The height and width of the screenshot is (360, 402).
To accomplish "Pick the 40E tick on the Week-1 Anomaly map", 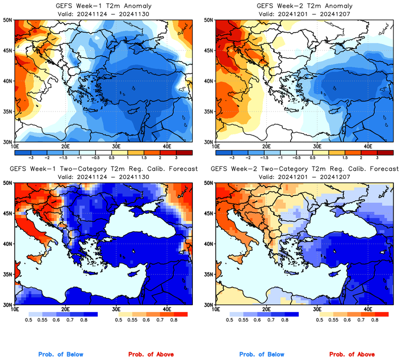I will coord(167,146).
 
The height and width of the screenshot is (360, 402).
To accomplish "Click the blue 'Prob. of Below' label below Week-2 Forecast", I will coord(261,355).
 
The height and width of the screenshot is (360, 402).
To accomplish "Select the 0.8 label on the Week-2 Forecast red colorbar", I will coord(375,320).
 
